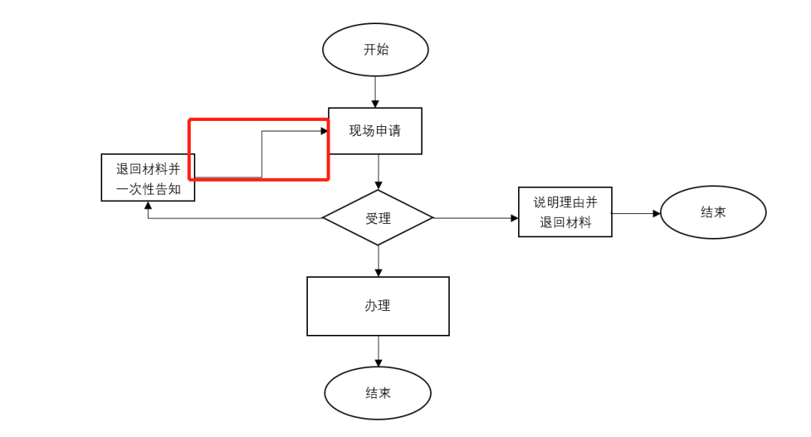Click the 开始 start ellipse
375,50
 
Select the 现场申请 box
375,131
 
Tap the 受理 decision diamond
378,218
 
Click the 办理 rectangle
378,306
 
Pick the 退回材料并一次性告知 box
148,178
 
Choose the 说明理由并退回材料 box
565,212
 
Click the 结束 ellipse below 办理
378,393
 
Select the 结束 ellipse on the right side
713,212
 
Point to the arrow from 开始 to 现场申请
375,92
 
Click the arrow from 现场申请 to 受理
378,172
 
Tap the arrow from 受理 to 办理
378,261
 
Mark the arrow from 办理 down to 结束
378,351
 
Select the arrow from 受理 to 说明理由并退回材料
476,218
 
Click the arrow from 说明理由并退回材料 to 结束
636,213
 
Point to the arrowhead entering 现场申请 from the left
324,131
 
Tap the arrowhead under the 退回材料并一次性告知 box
148,206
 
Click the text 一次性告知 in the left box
148,189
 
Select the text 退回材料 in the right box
565,223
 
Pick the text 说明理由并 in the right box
565,203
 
